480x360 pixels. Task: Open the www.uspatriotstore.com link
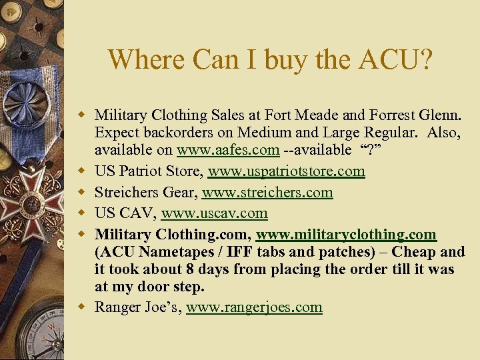pos(286,171)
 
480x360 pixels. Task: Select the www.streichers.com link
pos(267,193)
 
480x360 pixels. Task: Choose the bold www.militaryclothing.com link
pos(346,235)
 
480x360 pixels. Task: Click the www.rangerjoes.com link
pos(254,307)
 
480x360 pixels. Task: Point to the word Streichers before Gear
pos(126,193)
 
